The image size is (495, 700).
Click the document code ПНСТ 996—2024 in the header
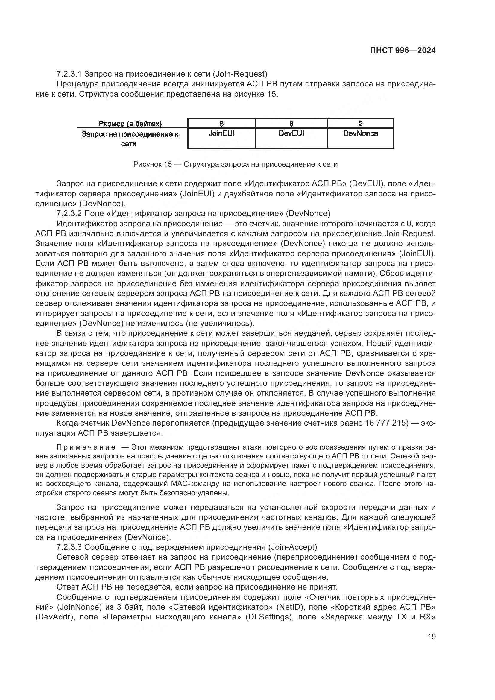[x=403, y=51]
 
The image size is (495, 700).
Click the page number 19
[x=432, y=637]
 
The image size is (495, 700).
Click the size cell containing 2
[x=361, y=124]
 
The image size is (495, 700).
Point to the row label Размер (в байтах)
[x=130, y=124]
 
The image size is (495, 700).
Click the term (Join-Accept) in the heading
[x=292, y=547]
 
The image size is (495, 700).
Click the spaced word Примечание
[x=86, y=447]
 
